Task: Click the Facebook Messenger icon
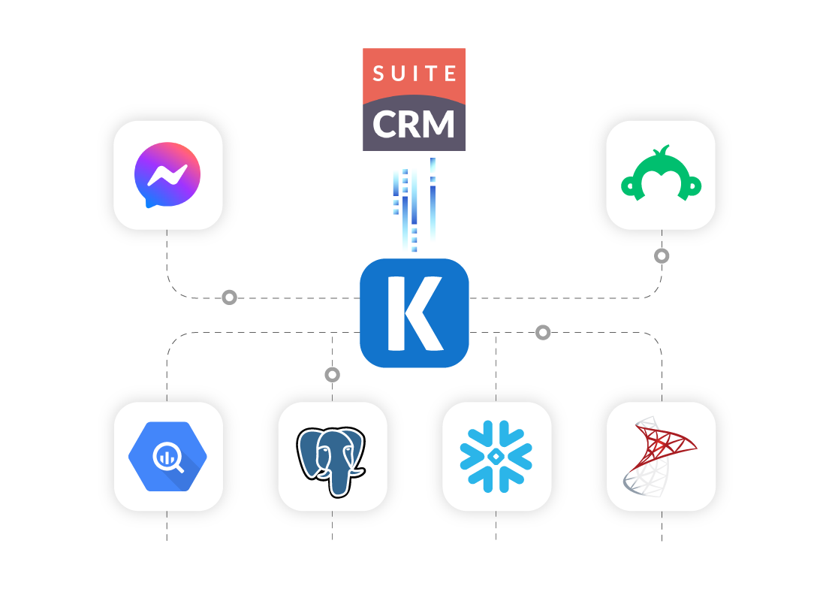[167, 175]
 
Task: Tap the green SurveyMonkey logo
[660, 175]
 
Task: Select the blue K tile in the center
[414, 313]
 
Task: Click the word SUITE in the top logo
[414, 73]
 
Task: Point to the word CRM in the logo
[414, 124]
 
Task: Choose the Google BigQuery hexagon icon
[167, 456]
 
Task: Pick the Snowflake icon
[496, 457]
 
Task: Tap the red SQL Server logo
[660, 457]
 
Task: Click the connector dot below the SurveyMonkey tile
[662, 256]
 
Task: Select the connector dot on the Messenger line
[230, 297]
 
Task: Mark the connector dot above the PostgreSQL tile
[332, 374]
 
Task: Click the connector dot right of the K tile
[543, 332]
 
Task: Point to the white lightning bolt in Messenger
[167, 174]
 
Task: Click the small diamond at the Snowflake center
[496, 457]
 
